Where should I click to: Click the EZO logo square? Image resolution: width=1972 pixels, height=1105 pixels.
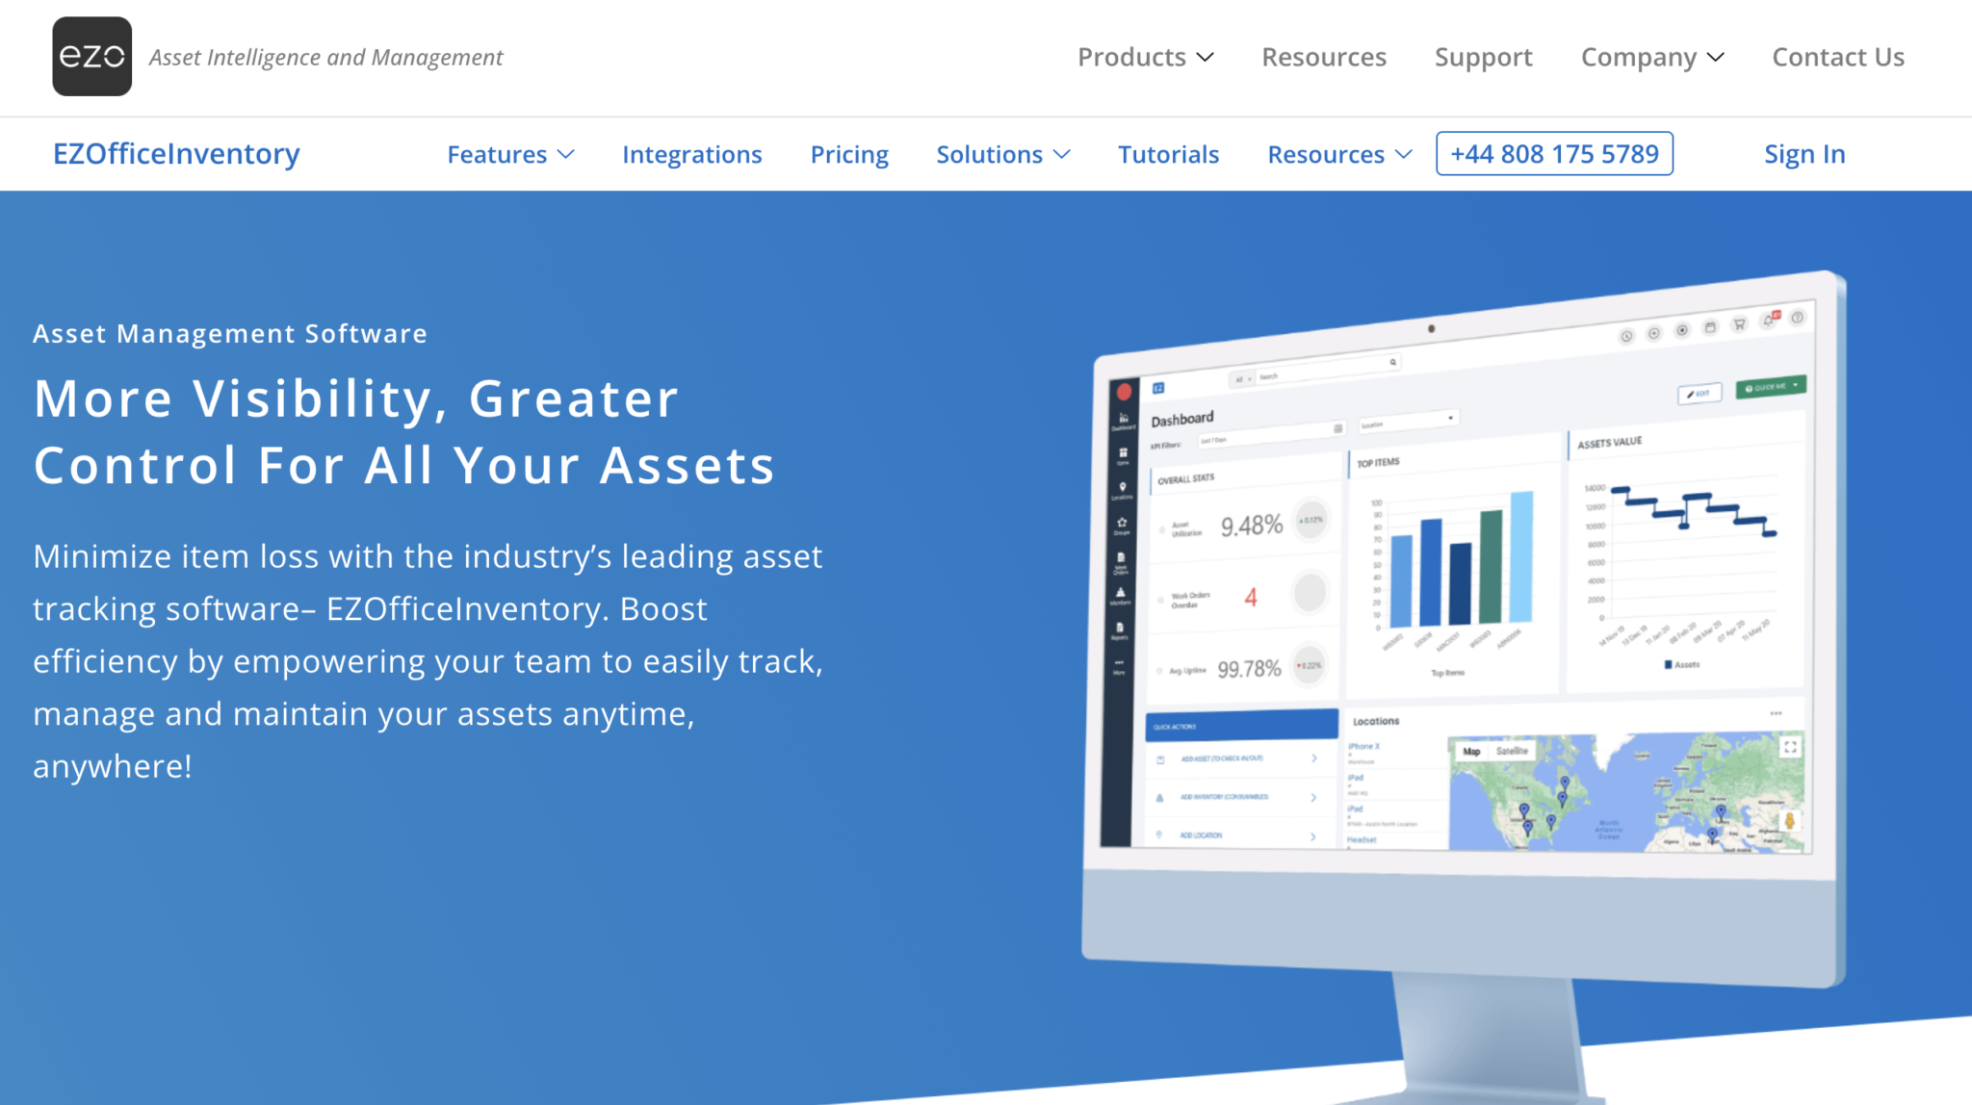(91, 57)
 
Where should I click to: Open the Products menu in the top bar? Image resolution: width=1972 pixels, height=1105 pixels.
(1145, 58)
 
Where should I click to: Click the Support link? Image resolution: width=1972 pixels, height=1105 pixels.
(1483, 58)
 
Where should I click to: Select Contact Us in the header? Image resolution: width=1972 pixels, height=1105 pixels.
(1837, 58)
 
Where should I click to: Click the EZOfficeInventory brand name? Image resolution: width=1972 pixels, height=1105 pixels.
(176, 154)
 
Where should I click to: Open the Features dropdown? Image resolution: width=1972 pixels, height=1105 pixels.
(510, 155)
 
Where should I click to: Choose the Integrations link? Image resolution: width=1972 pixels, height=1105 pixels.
(691, 155)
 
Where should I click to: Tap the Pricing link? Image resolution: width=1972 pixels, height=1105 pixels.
(848, 155)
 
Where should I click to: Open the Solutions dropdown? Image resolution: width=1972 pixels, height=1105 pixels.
(1002, 155)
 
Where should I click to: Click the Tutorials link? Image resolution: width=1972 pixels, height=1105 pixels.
(1168, 155)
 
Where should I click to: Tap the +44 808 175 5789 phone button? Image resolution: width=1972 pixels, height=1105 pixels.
(1554, 154)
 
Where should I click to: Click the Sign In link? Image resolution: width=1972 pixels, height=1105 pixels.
(1803, 154)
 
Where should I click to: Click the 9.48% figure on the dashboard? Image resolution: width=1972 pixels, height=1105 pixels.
(1251, 526)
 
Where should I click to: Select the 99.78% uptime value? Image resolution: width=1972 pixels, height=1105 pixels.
(1249, 669)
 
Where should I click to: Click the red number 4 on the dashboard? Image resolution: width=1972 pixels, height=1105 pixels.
(1251, 598)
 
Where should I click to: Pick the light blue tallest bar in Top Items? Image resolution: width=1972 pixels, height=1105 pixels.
(1521, 556)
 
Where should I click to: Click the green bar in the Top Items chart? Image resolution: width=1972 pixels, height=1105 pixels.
(1491, 566)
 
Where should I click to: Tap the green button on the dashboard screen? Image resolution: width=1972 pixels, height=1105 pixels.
(1770, 387)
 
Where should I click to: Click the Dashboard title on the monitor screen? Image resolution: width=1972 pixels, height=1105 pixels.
(1181, 419)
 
